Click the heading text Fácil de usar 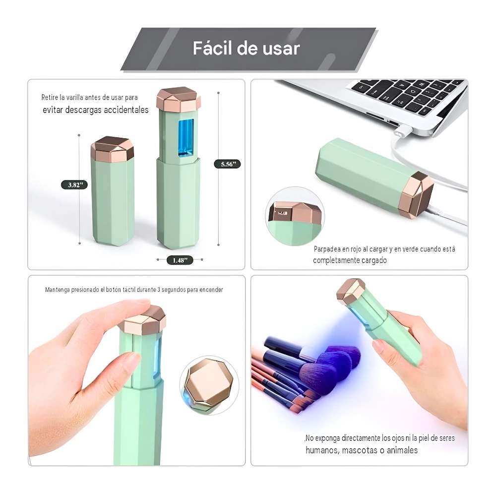pyautogui.click(x=246, y=49)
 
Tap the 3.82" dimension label pyautogui.click(x=74, y=185)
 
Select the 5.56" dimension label pyautogui.click(x=228, y=164)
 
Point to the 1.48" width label pyautogui.click(x=180, y=260)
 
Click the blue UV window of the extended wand pyautogui.click(x=186, y=138)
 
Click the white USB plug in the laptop pyautogui.click(x=402, y=130)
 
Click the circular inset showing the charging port pyautogui.click(x=295, y=216)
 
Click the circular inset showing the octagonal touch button pyautogui.click(x=209, y=385)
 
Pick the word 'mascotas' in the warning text pyautogui.click(x=359, y=450)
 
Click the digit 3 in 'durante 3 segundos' pyautogui.click(x=159, y=290)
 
